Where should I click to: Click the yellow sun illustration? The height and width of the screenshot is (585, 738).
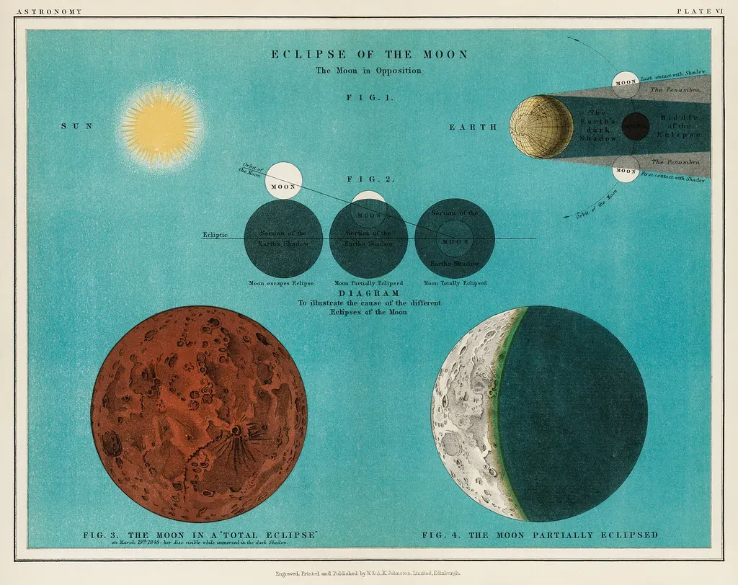[160, 127]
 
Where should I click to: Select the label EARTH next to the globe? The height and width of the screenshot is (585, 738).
[474, 127]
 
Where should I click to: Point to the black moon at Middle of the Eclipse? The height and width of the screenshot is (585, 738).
[635, 127]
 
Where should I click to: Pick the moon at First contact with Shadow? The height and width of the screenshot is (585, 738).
[626, 171]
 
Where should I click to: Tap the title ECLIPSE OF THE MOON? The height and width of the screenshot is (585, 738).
[369, 55]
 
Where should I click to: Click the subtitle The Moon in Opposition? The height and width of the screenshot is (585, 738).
[368, 71]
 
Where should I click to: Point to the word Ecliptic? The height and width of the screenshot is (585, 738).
[215, 234]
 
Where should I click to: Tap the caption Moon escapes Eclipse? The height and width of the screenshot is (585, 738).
[281, 283]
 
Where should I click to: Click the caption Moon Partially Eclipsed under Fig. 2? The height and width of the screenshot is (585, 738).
[368, 283]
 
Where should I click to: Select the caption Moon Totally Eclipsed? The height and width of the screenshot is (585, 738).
[455, 283]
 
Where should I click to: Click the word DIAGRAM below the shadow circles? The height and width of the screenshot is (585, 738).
[369, 294]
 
